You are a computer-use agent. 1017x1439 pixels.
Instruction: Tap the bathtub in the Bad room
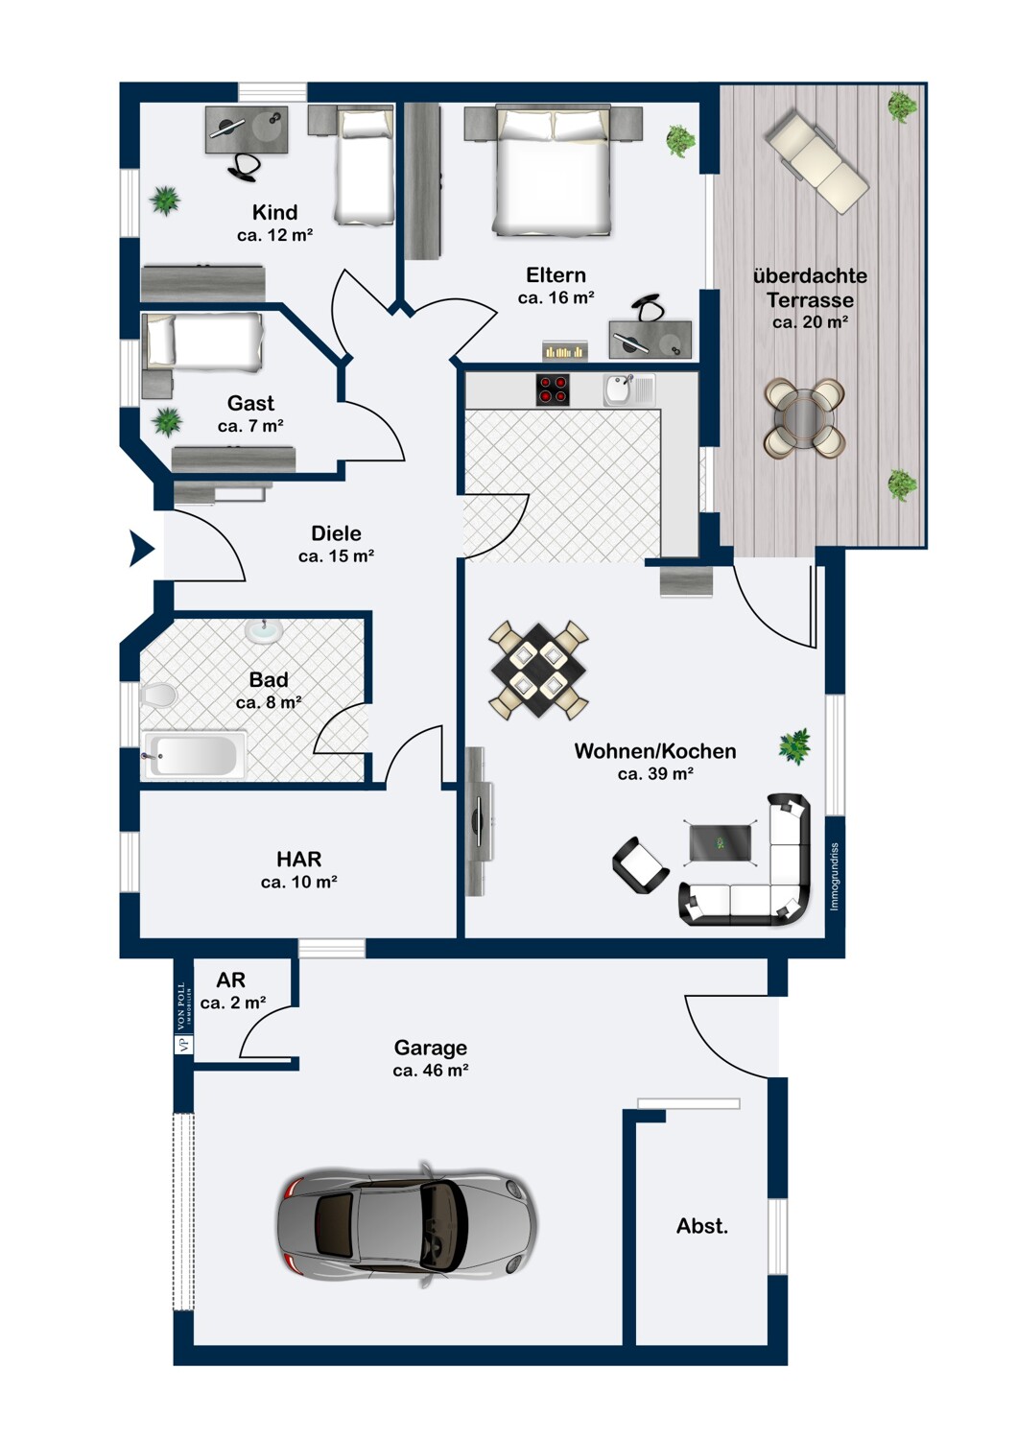click(194, 755)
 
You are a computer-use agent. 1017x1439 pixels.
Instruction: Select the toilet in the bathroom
click(159, 694)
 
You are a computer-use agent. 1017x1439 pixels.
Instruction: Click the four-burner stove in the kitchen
click(553, 389)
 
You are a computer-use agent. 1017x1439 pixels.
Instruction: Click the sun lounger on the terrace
click(817, 160)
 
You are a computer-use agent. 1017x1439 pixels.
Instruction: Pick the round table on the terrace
click(804, 417)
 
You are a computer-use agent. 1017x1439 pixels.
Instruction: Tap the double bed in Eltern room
click(552, 171)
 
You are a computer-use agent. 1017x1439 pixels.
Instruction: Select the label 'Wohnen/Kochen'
click(655, 751)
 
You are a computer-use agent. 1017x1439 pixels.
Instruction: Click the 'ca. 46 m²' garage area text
click(431, 1071)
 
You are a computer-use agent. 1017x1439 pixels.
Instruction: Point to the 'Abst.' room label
click(702, 1226)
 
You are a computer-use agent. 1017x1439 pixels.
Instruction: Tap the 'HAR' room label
click(299, 860)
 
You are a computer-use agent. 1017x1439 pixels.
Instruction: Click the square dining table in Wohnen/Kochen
click(538, 670)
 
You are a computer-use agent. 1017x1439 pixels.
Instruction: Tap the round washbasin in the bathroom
click(262, 630)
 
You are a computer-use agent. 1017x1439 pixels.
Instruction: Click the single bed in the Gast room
click(203, 342)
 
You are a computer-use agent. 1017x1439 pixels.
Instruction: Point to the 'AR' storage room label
click(230, 979)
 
